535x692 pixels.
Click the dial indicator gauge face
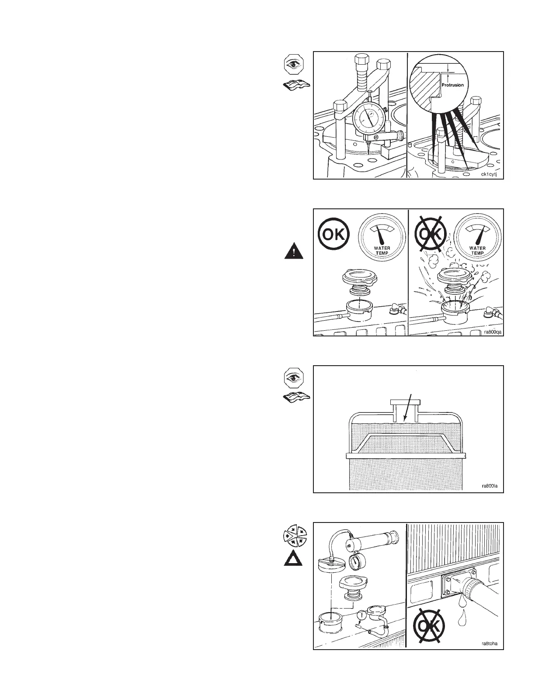tap(365, 118)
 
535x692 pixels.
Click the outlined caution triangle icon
tap(293, 559)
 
